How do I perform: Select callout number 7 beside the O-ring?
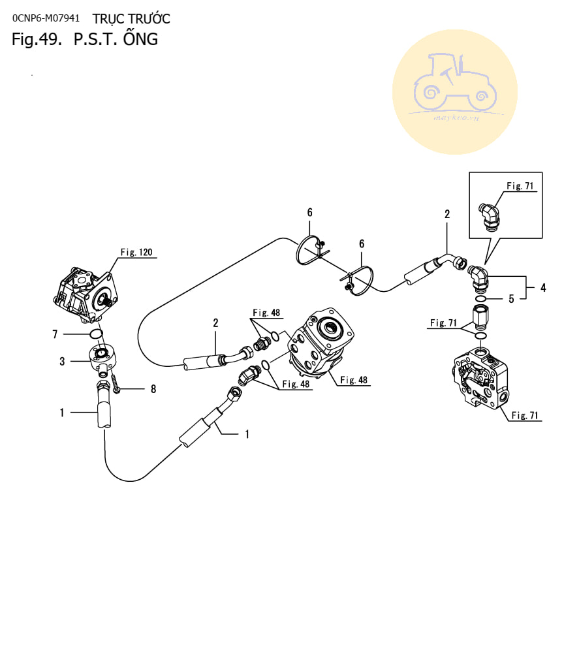click(55, 334)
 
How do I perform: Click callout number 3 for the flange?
click(62, 361)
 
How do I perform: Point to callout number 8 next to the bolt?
click(153, 389)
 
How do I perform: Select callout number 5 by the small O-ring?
click(512, 299)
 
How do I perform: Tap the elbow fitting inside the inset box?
click(492, 215)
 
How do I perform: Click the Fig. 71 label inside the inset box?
click(520, 186)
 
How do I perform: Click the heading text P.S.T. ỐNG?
click(116, 39)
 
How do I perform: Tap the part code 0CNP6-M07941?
click(46, 18)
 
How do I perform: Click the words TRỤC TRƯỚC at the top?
click(131, 18)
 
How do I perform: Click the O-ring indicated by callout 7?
click(96, 335)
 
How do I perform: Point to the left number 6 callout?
click(310, 212)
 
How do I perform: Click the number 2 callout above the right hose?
click(447, 214)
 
